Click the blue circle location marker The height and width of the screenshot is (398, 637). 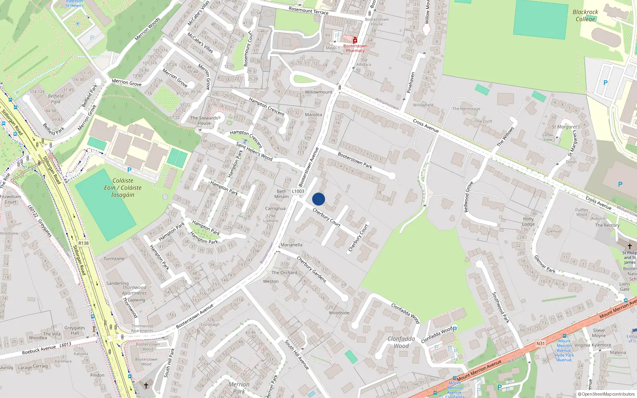click(x=318, y=199)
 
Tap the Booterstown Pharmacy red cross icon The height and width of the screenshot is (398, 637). click(x=355, y=40)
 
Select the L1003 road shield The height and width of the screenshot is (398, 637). click(x=298, y=191)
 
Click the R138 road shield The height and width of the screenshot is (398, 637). click(x=84, y=243)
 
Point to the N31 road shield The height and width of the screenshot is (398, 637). click(x=540, y=343)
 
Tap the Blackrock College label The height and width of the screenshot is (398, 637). click(x=585, y=16)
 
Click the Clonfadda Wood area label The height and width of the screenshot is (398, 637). click(x=401, y=342)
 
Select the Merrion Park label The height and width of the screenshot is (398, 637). click(x=239, y=388)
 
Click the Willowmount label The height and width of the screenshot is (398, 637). click(x=318, y=92)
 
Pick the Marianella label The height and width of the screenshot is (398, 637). click(x=291, y=245)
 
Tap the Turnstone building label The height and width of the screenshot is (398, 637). click(x=114, y=259)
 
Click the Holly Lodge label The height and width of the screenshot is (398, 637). click(x=528, y=222)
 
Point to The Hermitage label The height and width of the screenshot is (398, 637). click(x=466, y=109)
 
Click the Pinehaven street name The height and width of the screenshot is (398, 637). click(x=411, y=82)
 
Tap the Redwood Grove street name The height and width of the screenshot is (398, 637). click(x=469, y=197)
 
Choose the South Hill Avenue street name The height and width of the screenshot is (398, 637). click(x=297, y=355)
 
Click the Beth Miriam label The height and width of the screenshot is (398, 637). click(x=281, y=194)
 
